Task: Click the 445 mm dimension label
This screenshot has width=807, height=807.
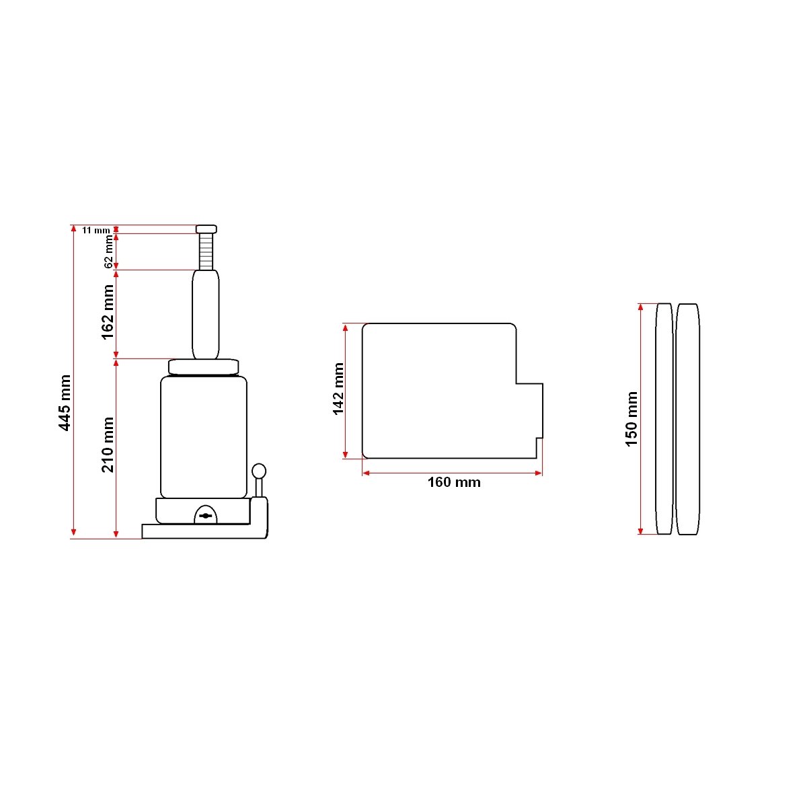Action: (65, 403)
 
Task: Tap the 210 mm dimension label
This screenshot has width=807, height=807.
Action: (108, 445)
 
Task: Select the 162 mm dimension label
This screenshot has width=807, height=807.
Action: (108, 313)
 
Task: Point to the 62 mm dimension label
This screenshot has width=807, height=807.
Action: (108, 252)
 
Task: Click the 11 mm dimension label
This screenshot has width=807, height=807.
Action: (96, 231)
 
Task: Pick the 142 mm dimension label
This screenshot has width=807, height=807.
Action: (338, 389)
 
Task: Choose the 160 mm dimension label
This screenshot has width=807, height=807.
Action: (454, 482)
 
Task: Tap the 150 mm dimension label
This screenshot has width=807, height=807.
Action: (631, 419)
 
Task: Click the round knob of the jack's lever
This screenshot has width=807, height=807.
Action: (259, 471)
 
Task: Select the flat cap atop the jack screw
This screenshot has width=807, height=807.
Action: (206, 229)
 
